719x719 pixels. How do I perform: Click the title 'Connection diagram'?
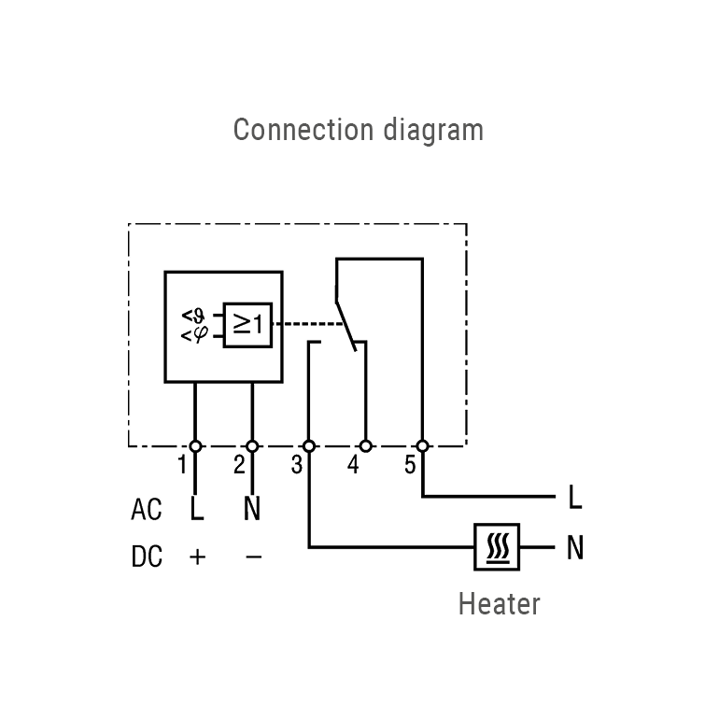click(359, 129)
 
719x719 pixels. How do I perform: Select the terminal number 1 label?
click(183, 465)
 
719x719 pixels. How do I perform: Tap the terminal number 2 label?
click(239, 465)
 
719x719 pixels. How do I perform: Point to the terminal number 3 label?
click(296, 465)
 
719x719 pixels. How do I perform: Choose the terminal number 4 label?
click(353, 465)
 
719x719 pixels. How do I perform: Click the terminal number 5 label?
click(410, 465)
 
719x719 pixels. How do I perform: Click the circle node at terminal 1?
click(195, 446)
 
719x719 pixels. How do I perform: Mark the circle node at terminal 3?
click(309, 446)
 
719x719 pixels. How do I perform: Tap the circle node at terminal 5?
click(423, 446)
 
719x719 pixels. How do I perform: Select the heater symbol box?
click(497, 547)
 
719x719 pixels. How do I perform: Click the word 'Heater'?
click(499, 604)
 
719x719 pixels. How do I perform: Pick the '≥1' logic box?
click(247, 325)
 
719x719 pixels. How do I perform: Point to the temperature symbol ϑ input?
click(193, 315)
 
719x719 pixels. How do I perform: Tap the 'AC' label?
click(147, 510)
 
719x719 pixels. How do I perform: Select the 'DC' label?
click(147, 557)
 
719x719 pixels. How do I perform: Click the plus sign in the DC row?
click(197, 557)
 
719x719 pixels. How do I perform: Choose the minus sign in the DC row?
click(253, 557)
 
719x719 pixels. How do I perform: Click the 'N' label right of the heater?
click(574, 548)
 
